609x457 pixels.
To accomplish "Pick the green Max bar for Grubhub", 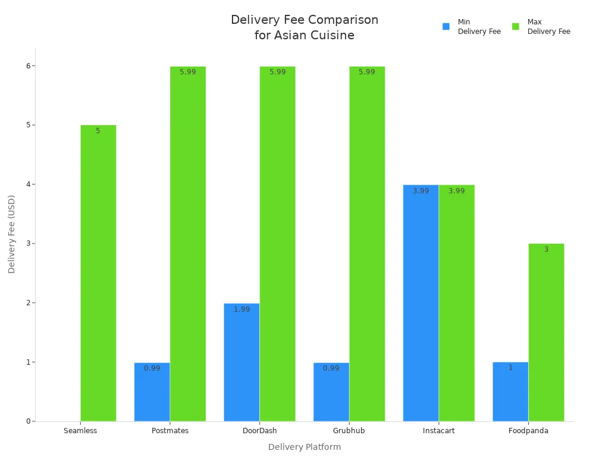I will [367, 243].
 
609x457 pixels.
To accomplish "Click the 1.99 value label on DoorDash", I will [241, 309].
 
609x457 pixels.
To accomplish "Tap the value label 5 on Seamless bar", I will [98, 131].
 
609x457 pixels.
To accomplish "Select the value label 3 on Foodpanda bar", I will [546, 249].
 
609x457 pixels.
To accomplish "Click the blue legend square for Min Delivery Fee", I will [446, 27].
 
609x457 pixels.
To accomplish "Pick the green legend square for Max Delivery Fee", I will [516, 27].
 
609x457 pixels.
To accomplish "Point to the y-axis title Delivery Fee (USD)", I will [12, 234].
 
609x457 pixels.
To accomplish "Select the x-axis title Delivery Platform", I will [304, 447].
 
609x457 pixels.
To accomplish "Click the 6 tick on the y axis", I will [27, 65].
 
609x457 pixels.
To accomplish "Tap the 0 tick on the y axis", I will [27, 421].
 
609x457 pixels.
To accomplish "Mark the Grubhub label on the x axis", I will [349, 431].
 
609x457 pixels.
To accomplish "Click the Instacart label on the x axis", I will [438, 431].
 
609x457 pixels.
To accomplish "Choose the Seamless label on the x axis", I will [80, 431].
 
